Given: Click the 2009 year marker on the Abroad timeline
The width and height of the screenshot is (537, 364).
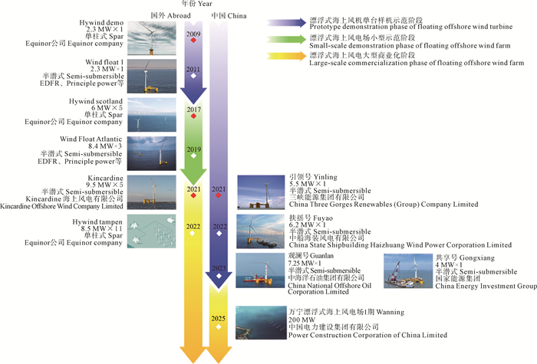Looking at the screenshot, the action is pos(194,35).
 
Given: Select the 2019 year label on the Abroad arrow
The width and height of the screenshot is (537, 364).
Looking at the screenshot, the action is pos(194,149).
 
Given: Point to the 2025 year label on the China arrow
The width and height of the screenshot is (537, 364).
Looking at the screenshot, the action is pos(219,316).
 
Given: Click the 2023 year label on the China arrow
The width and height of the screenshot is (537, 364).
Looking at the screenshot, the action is pos(219,267).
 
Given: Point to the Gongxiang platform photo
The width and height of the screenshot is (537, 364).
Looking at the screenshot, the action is pos(407,271).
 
